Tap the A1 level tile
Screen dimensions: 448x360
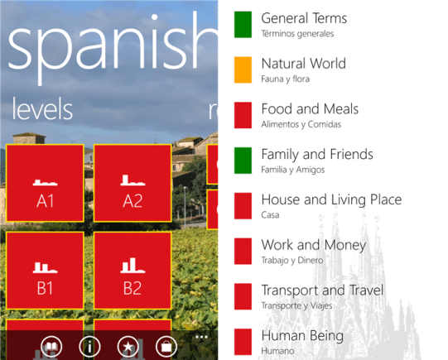[45, 183]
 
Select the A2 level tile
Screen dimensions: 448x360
[132, 183]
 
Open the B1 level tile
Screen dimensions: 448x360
[45, 271]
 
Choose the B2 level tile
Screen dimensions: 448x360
[132, 271]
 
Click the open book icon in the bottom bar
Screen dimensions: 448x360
[51, 347]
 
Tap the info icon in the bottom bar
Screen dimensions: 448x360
[89, 347]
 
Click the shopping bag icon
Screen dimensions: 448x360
[166, 347]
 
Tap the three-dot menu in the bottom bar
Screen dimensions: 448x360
[201, 337]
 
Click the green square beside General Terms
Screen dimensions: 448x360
[243, 25]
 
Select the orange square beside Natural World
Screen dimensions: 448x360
[243, 70]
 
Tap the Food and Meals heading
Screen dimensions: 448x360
[310, 108]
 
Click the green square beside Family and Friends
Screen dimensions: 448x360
[243, 161]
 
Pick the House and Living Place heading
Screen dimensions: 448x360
[331, 199]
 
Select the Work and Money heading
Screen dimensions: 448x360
[314, 245]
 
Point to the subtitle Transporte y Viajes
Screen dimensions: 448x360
[296, 305]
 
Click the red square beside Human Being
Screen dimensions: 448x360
[243, 342]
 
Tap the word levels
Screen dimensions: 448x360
[42, 109]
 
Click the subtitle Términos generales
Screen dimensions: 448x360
[297, 34]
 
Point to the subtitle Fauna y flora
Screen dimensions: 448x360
[285, 79]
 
